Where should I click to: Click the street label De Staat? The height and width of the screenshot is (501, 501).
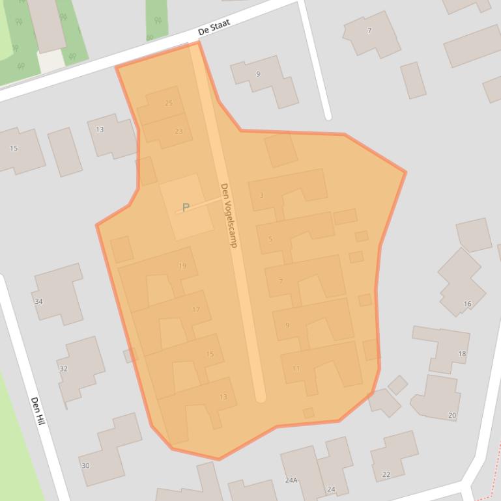tap(214, 27)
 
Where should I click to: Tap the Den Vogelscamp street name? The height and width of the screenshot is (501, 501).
tap(229, 215)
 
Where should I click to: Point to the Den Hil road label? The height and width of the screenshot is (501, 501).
tap(37, 411)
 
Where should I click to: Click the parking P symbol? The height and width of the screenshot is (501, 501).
tap(186, 208)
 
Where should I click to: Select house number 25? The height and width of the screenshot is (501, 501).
tap(169, 103)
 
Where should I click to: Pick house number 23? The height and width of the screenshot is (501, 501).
tap(179, 131)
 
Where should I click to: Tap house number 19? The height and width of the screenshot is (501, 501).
tap(182, 265)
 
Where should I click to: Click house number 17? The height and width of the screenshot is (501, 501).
tap(196, 310)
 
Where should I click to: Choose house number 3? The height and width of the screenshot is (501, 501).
tap(262, 195)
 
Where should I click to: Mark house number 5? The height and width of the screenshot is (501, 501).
tap(270, 239)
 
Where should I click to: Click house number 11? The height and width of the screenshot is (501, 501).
tap(296, 368)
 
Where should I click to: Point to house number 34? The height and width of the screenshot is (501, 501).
tap(38, 301)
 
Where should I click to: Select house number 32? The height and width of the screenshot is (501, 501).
tap(63, 368)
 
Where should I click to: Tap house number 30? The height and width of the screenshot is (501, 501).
tap(85, 465)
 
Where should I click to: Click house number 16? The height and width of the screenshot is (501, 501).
tap(467, 304)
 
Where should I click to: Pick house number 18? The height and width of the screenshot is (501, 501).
tap(462, 354)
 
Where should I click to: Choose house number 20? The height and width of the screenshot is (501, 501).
tap(451, 415)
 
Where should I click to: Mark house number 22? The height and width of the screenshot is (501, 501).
tap(386, 474)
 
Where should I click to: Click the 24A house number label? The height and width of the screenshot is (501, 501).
tap(291, 480)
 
